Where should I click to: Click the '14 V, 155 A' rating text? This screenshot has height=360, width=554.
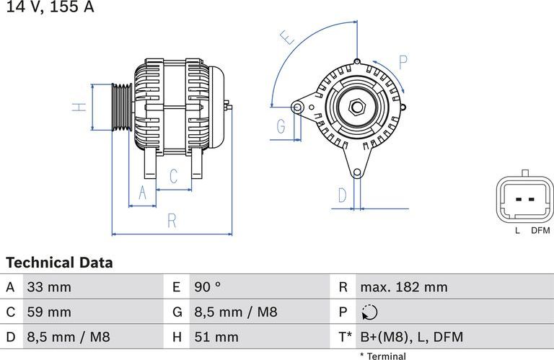[50, 8]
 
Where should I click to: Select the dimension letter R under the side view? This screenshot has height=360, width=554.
[171, 221]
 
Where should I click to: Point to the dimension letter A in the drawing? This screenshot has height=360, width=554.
[142, 193]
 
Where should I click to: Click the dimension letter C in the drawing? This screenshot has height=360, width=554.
[174, 176]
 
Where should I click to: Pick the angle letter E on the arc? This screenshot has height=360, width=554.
[288, 38]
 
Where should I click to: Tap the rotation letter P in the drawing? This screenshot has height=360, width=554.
[403, 62]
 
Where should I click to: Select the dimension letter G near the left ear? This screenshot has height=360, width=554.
[282, 128]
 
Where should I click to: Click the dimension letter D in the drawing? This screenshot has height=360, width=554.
[343, 195]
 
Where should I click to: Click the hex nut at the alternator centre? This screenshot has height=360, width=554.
[356, 107]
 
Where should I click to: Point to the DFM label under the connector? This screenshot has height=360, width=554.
[540, 231]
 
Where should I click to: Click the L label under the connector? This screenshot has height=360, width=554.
[517, 231]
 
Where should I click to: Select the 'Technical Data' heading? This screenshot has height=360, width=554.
[59, 263]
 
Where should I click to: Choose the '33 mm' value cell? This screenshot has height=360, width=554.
[49, 287]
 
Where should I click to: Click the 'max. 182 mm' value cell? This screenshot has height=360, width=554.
[403, 287]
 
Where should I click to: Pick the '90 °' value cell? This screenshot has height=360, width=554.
[207, 287]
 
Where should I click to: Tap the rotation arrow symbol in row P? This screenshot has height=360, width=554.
[369, 312]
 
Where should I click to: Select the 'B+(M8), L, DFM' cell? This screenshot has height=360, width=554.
[411, 337]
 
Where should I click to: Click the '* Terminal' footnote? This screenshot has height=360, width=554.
[382, 356]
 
